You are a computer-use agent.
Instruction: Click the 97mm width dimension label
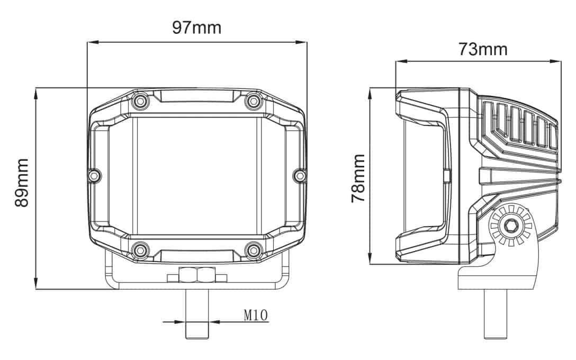tap(196, 28)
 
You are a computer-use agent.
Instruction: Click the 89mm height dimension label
tap(22, 183)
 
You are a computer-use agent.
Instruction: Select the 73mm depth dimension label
tap(482, 49)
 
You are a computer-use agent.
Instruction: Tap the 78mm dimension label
tap(358, 178)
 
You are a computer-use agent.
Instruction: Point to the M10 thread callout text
tap(256, 316)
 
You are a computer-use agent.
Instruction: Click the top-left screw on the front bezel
tap(140, 101)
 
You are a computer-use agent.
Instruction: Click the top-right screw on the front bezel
tap(254, 101)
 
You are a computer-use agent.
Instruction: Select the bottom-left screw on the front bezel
tap(140, 249)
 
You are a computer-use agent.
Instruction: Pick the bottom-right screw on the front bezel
tap(254, 249)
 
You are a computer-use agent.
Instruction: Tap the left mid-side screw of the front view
tap(94, 175)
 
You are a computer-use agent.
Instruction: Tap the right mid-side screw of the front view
tap(300, 175)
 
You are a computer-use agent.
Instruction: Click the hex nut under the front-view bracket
tap(197, 276)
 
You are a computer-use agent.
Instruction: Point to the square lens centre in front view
tap(197, 175)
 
